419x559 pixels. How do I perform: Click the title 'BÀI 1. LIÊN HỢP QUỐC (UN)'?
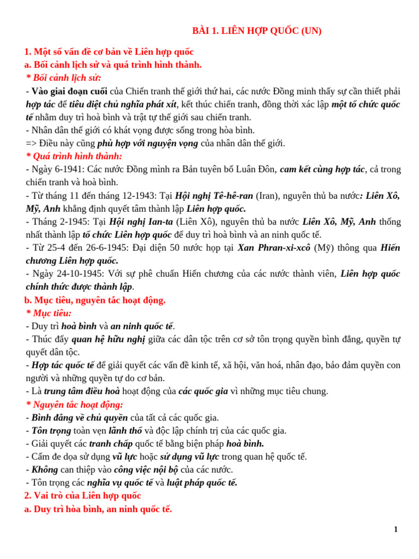point(256,31)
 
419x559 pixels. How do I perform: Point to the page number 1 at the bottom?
point(396,530)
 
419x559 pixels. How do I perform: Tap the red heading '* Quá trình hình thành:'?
point(74,157)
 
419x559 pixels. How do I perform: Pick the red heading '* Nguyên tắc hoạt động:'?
point(75,405)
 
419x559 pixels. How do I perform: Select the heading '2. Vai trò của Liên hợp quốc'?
point(82,496)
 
